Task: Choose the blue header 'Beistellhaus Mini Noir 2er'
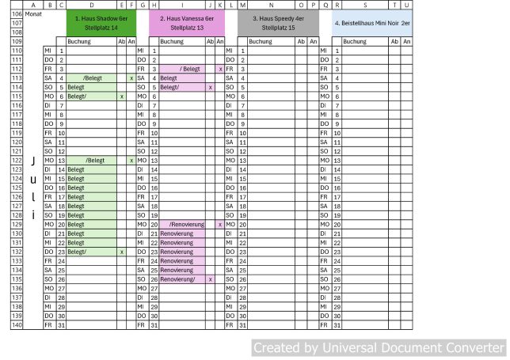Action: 371,22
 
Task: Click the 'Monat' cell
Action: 34,14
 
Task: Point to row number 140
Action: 17,324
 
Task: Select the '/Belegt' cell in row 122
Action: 95,161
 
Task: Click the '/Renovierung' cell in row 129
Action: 186,225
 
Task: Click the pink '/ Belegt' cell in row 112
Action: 191,69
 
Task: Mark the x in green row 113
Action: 131,78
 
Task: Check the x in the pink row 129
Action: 219,225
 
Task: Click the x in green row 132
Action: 121,252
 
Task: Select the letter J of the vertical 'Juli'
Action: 32,161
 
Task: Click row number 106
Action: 17,14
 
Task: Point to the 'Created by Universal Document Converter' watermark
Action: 378,347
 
